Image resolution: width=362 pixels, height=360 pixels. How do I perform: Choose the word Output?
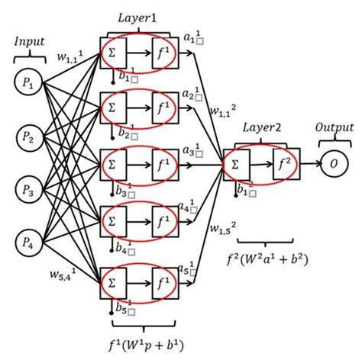pos(335,128)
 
